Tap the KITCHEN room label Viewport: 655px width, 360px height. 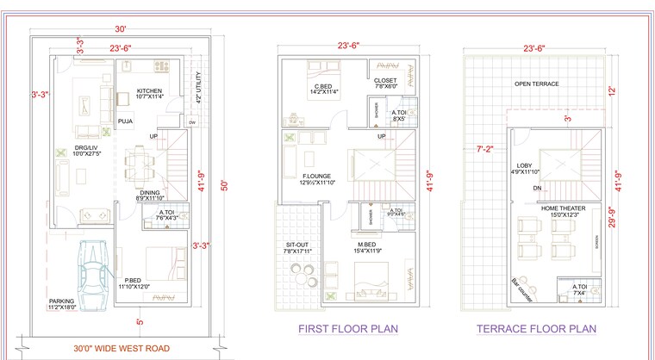click(148, 90)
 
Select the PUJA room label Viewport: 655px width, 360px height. click(126, 122)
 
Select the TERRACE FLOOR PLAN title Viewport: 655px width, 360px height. click(536, 329)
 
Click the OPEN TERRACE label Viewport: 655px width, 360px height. click(536, 84)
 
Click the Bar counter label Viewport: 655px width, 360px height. click(520, 284)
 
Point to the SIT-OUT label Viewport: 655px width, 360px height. click(298, 245)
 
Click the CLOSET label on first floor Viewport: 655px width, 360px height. click(385, 81)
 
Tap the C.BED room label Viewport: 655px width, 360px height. click(322, 86)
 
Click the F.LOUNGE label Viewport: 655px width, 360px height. click(295, 177)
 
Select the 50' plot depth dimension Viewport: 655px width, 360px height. click(223, 185)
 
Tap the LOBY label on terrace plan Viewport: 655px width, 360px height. click(524, 165)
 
